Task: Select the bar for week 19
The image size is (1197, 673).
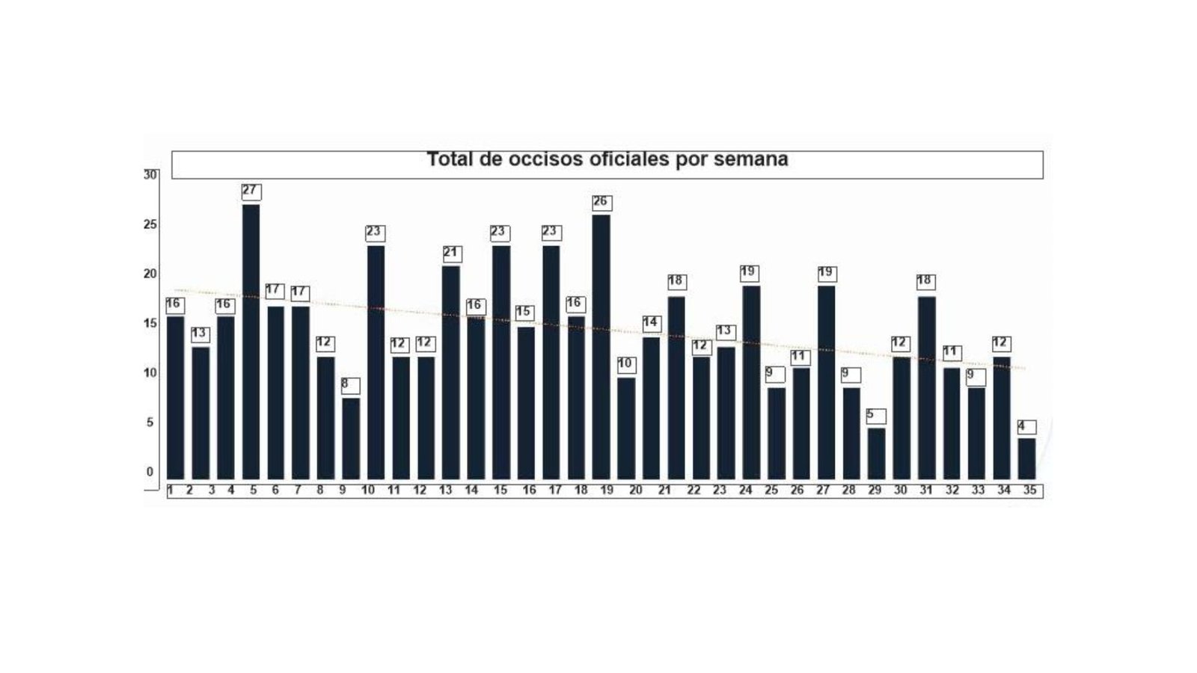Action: tap(601, 347)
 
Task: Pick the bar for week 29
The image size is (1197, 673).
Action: tap(876, 453)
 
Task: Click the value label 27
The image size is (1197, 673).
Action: tap(251, 191)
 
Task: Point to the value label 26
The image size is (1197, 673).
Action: tap(601, 203)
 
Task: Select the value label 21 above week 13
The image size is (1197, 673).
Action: tap(451, 253)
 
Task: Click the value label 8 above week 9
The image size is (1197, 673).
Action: tap(349, 385)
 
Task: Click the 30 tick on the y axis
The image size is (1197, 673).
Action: tap(150, 175)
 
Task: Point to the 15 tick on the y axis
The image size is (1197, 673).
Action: tap(150, 324)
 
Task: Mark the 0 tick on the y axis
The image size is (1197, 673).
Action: tap(150, 472)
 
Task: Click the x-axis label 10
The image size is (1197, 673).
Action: tap(368, 491)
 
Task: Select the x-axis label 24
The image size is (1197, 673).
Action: tap(745, 491)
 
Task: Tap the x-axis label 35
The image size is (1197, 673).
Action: tap(1029, 491)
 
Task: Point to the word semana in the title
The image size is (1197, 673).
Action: tap(750, 160)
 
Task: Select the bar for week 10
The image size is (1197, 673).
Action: tap(376, 363)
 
